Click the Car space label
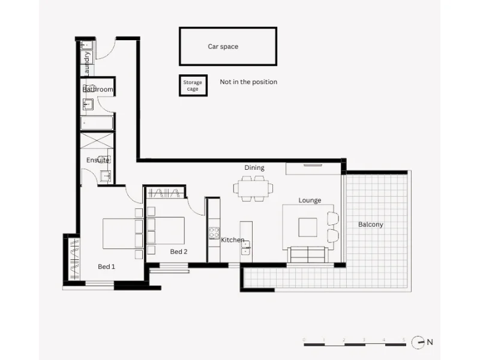click(x=223, y=46)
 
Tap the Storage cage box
click(x=193, y=85)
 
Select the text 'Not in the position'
click(x=248, y=82)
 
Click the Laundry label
click(x=88, y=63)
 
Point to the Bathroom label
click(x=98, y=89)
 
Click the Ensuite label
click(x=98, y=160)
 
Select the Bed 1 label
click(x=106, y=266)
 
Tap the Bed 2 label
click(x=179, y=251)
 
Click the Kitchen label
click(x=233, y=240)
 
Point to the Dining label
click(x=254, y=168)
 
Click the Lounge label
click(x=310, y=200)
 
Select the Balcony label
click(x=370, y=224)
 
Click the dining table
click(x=253, y=188)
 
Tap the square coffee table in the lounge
click(x=308, y=227)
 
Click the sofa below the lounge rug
click(x=307, y=254)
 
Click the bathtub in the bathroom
click(x=97, y=124)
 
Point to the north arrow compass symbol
click(x=418, y=342)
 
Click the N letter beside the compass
click(x=430, y=342)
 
